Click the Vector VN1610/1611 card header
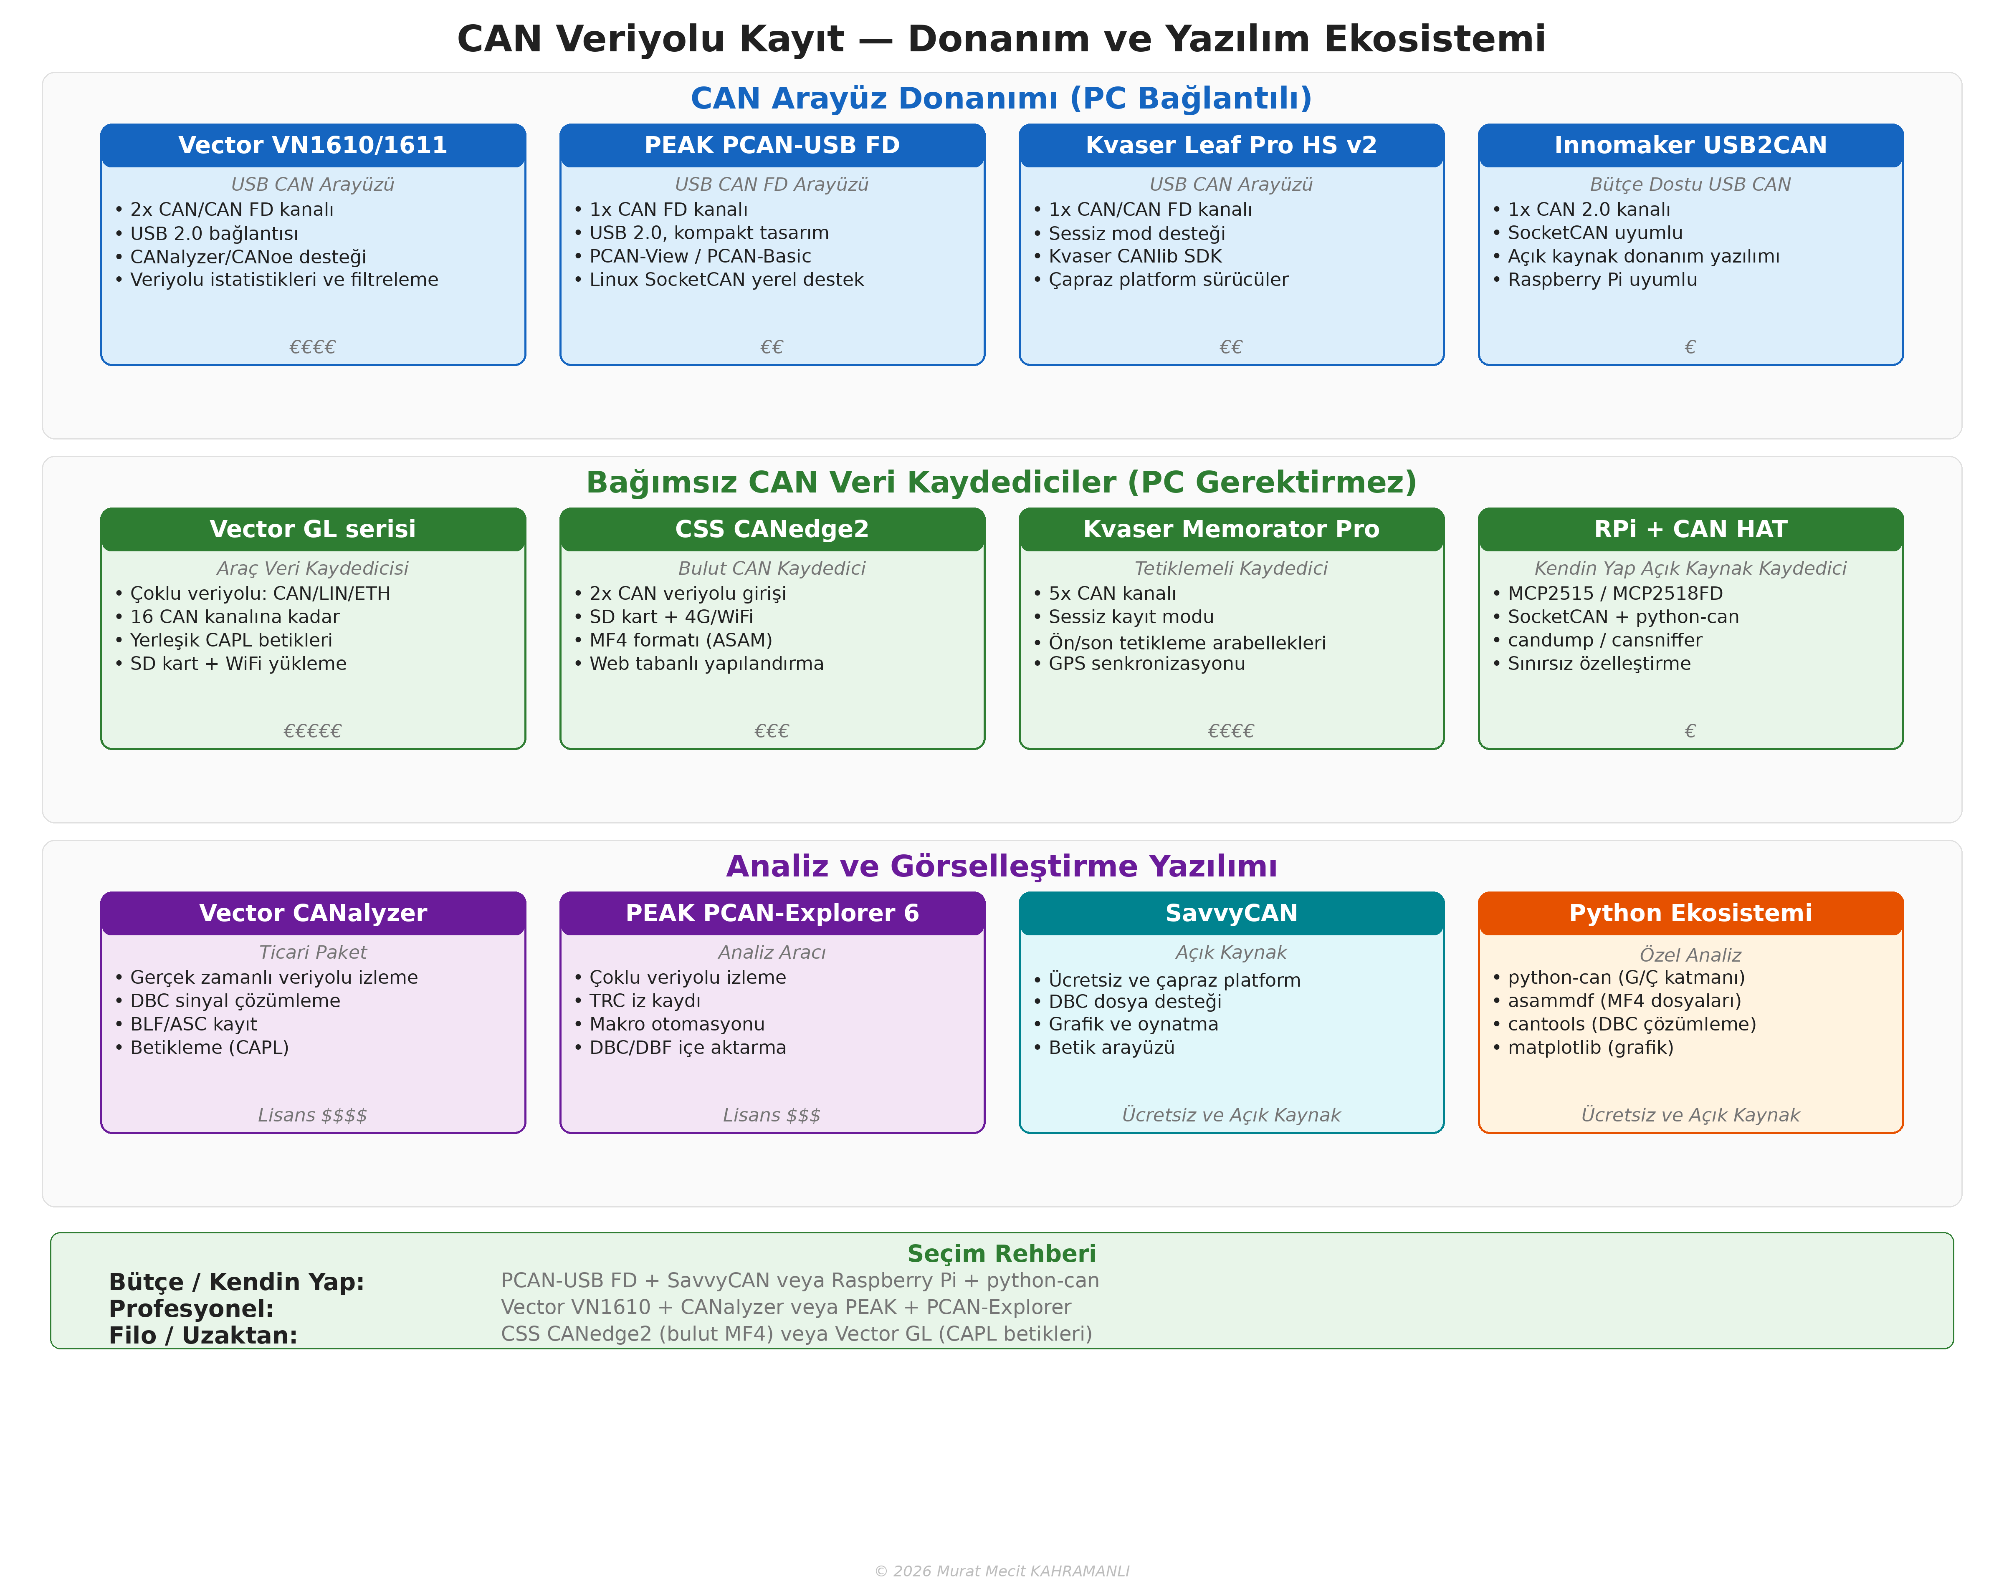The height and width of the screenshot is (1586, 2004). tap(313, 146)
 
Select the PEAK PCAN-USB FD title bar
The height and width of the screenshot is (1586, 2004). tap(772, 146)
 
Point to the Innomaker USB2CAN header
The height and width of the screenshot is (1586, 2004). tap(1690, 146)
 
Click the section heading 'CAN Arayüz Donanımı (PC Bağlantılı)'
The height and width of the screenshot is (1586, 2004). tap(1001, 98)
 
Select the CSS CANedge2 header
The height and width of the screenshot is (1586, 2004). tap(772, 529)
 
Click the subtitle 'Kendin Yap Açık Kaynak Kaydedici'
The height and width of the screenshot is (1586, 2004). tap(1690, 568)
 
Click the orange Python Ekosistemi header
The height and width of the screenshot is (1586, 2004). tap(1690, 914)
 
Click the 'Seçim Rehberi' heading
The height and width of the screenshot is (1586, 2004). tap(1001, 1254)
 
